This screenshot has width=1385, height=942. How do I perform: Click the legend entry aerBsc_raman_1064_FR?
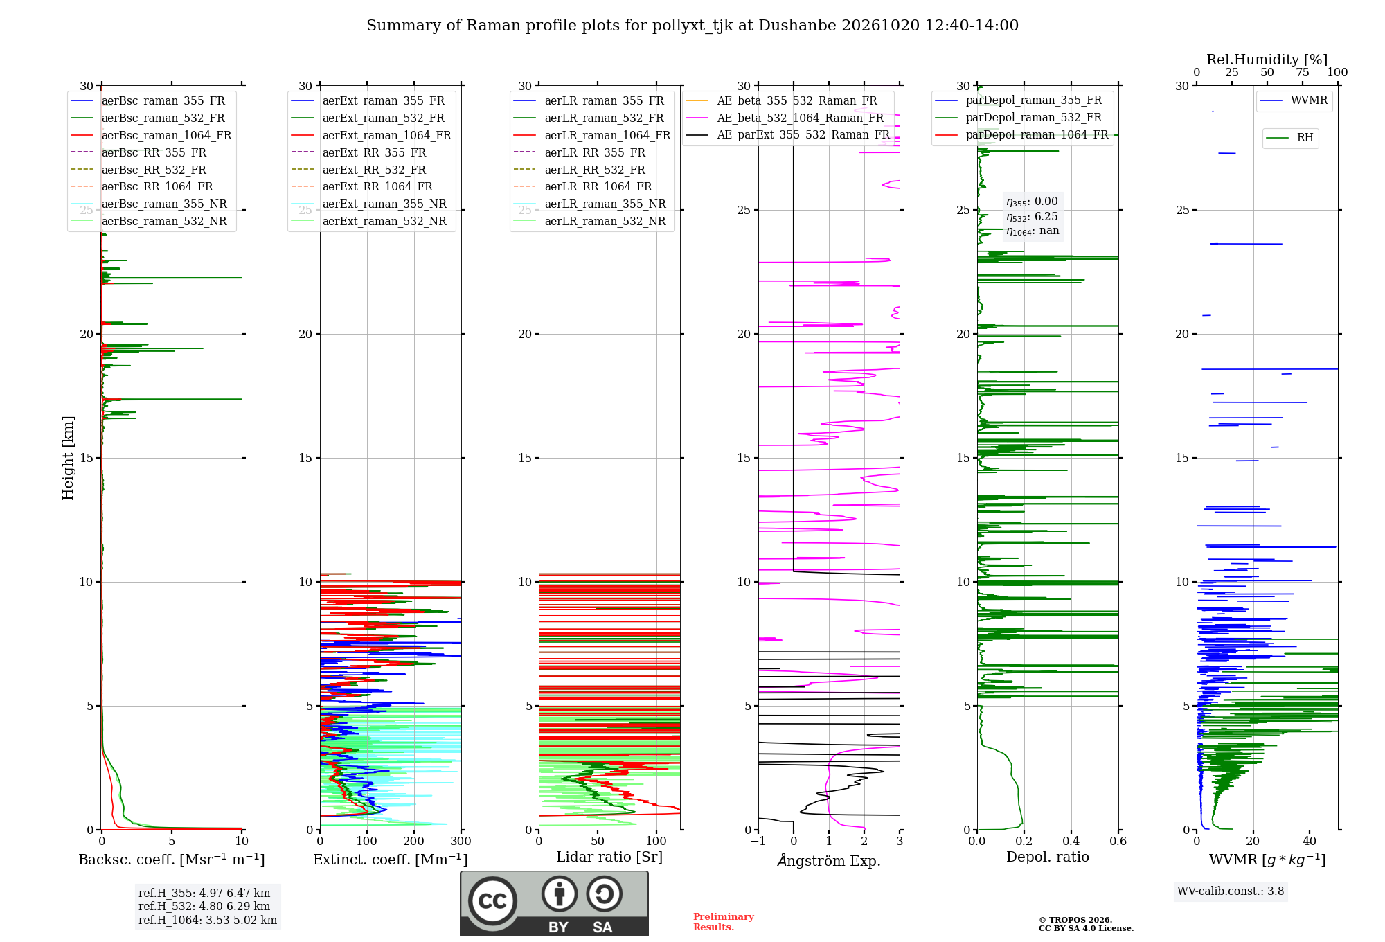151,135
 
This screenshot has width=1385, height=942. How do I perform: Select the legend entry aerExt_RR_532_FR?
370,170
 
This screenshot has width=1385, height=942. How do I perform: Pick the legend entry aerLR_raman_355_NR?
589,204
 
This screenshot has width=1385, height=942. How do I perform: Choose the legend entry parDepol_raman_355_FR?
1018,100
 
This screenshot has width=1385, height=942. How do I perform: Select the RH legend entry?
1289,138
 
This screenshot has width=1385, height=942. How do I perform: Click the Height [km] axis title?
68,458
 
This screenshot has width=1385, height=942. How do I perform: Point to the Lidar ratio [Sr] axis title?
609,857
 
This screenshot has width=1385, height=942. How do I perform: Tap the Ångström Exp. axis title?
829,860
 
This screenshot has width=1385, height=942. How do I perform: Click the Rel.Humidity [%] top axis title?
1267,60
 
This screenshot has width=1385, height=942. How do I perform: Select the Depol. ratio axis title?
1048,857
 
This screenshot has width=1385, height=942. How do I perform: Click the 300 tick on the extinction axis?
461,841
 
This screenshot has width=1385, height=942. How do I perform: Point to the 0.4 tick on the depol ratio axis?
1071,841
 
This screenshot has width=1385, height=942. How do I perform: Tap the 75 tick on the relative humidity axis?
1303,73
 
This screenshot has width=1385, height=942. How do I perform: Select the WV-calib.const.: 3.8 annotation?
1231,891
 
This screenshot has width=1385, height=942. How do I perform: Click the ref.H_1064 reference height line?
208,920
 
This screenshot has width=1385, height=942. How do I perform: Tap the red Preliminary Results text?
724,922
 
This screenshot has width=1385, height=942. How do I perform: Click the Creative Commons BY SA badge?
554,903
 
